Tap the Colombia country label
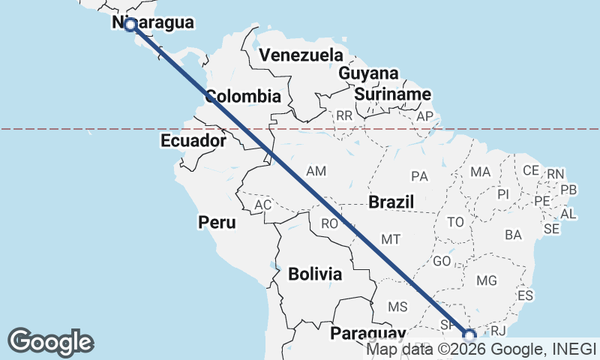pos(243,97)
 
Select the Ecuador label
pos(193,141)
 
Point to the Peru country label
pos(217,223)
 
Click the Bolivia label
pos(315,274)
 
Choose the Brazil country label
pos(391,202)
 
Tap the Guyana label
pos(368,74)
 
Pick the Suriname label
pos(393,94)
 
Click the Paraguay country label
pos(367,333)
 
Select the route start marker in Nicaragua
pos(130,25)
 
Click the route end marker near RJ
pos(469,335)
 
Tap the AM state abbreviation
pos(316,172)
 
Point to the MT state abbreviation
pos(390,239)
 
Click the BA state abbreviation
pos(513,235)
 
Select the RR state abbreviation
pos(344,116)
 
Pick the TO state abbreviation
pos(455,222)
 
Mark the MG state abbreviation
pos(487,281)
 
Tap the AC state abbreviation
pos(262,205)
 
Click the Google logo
pos(51,341)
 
